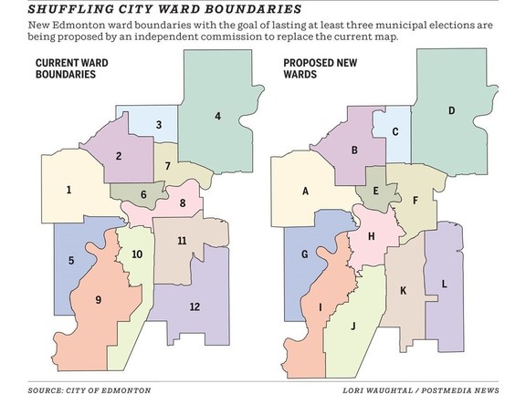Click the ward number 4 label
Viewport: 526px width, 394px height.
[x=217, y=116]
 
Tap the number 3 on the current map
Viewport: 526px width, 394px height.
[x=159, y=125]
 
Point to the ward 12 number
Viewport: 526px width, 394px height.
[x=195, y=306]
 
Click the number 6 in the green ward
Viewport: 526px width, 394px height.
[x=143, y=194]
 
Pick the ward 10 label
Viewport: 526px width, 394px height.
[x=137, y=254]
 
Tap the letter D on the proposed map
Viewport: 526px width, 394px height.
[x=451, y=111]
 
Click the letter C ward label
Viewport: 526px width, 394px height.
[x=394, y=131]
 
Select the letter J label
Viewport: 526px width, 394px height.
[x=352, y=325]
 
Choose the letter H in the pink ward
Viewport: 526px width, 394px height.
[x=371, y=236]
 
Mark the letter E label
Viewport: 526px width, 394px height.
[x=375, y=191]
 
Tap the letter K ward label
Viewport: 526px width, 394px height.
[x=402, y=291]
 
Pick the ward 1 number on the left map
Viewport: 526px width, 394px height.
[x=68, y=191]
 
